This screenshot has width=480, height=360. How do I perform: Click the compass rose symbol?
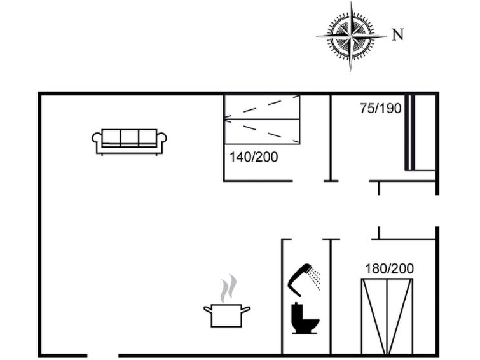pos(351,36)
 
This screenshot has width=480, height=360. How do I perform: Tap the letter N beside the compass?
pos(398,34)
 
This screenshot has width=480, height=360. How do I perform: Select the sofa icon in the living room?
pos(129,142)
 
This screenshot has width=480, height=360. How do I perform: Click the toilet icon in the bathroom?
pos(305,318)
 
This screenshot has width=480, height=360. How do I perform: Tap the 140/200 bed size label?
pos(254,157)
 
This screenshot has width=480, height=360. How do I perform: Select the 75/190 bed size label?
pos(381,108)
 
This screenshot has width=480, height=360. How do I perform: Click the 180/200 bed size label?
pos(389,268)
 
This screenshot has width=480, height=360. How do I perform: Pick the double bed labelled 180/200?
pos(387,317)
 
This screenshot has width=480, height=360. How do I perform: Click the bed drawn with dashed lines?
pos(262,120)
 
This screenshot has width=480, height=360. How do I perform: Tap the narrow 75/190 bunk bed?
pos(420,133)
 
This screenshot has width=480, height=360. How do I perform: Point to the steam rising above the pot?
pos(229,288)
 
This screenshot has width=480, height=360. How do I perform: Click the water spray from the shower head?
pos(315,277)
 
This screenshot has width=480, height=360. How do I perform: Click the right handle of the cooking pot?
pos(246,310)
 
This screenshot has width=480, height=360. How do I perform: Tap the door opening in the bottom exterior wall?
pos(103,356)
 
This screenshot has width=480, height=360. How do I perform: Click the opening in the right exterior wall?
pos(437,211)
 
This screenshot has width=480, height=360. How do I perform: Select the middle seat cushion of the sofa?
pos(129,137)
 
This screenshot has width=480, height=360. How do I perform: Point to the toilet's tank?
pos(298,310)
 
